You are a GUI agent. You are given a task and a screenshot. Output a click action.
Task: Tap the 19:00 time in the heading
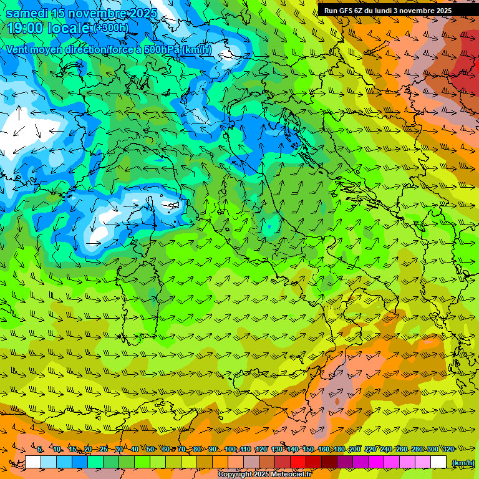tap(26, 28)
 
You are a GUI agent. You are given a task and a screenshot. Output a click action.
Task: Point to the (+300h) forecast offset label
tap(111, 28)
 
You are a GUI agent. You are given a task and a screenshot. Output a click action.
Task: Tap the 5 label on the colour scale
tap(40, 449)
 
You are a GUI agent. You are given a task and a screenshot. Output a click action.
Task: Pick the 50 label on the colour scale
tap(150, 449)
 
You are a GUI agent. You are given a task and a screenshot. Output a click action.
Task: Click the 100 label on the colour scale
tap(230, 449)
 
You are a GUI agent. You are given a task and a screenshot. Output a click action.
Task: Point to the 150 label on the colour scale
tap(308, 449)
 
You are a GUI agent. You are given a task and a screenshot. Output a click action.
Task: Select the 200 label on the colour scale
tap(355, 449)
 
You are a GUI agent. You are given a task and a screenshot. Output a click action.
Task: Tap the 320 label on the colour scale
tap(448, 449)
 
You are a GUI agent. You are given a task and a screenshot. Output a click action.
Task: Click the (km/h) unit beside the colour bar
tap(463, 463)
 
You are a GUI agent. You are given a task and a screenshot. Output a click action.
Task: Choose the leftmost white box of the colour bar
tap(33, 462)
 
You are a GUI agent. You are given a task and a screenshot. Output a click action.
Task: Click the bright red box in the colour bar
tap(298, 462)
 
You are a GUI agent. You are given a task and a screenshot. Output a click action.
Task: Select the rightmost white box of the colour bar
tap(438, 462)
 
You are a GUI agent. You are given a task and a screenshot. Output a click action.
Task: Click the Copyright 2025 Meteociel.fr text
tap(264, 475)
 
